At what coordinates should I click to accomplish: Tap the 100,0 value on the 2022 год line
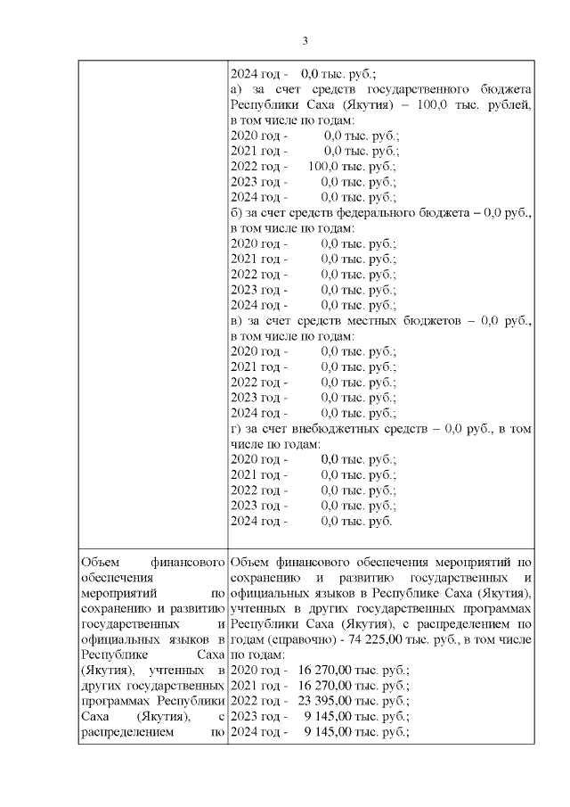click(x=325, y=166)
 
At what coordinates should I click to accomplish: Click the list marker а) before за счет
click(x=237, y=89)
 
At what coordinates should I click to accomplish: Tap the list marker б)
click(x=237, y=212)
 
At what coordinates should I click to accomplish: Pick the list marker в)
click(x=237, y=320)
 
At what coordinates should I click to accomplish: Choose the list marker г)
click(x=236, y=428)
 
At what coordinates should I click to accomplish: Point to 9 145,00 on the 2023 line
click(x=325, y=716)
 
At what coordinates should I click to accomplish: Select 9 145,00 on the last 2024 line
click(x=325, y=732)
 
